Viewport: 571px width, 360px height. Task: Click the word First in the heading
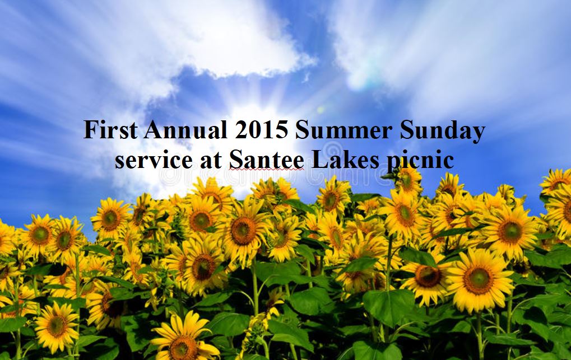click(x=111, y=130)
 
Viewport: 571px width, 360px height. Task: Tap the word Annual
click(x=185, y=130)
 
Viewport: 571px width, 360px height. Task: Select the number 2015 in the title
click(x=261, y=130)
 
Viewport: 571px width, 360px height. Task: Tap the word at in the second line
click(x=211, y=161)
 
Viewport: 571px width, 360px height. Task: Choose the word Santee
click(x=267, y=160)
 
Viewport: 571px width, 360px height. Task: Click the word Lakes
click(x=345, y=160)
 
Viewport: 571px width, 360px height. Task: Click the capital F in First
click(x=91, y=130)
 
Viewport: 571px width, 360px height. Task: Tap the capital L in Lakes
click(x=319, y=160)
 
